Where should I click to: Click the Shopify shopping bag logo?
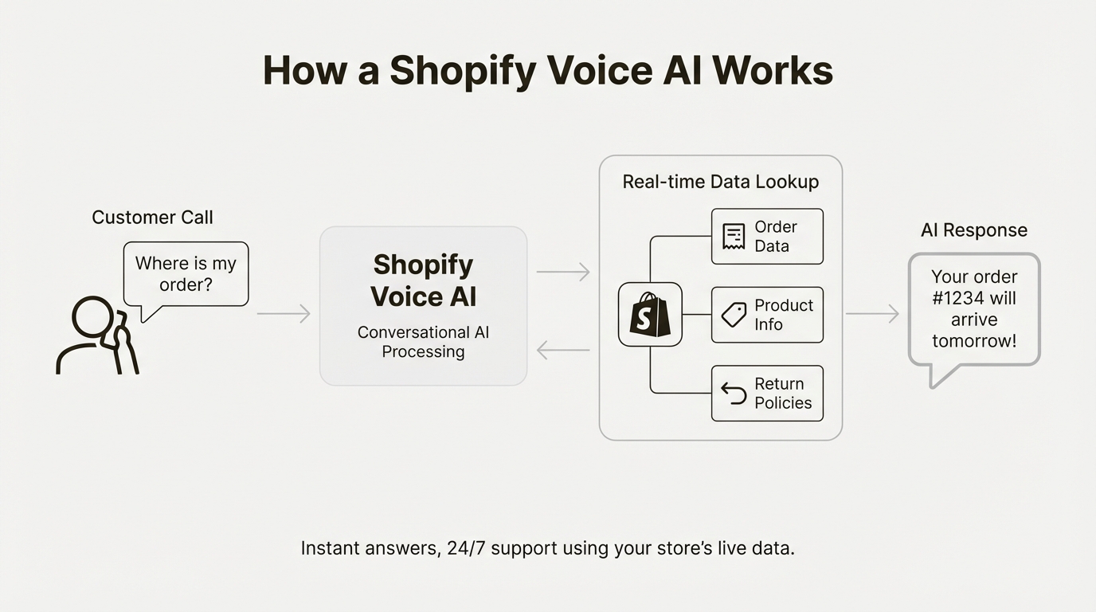tap(650, 314)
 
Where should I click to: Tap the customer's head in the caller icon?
tap(92, 318)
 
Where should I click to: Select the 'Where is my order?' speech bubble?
tap(186, 274)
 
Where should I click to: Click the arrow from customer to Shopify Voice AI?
tap(284, 314)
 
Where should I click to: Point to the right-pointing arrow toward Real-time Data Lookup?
tap(563, 272)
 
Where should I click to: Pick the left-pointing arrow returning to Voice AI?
tap(563, 349)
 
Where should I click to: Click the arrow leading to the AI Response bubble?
tap(872, 314)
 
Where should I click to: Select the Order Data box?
tap(767, 237)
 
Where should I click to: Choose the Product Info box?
tap(767, 315)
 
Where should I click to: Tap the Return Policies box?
tap(767, 394)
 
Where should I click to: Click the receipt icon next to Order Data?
tap(734, 237)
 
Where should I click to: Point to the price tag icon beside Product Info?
tap(734, 315)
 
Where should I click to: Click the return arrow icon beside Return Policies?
tap(734, 393)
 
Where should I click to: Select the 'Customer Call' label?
tap(152, 218)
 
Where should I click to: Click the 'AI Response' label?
tap(974, 230)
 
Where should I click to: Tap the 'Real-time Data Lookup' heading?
tap(720, 182)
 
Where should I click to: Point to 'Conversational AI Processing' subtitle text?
tap(423, 342)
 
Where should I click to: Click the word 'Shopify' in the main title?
tap(463, 71)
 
